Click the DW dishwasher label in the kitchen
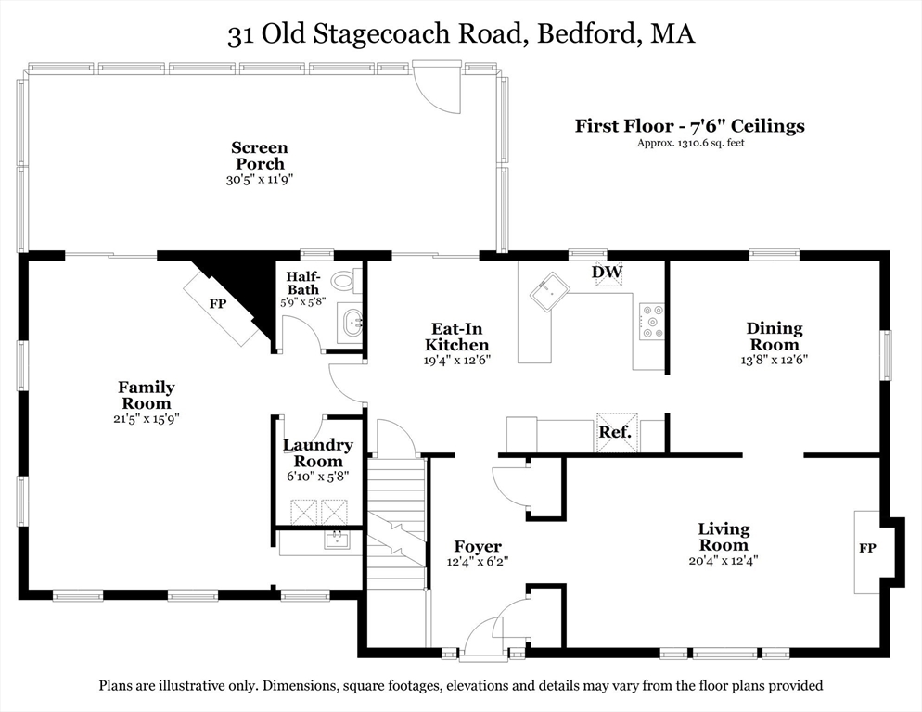click(608, 272)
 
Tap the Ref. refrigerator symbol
click(615, 432)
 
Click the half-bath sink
click(353, 324)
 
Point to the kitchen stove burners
click(650, 321)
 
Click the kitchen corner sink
click(550, 292)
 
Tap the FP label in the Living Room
click(868, 548)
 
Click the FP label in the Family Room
click(218, 303)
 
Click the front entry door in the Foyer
click(483, 640)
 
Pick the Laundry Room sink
click(337, 540)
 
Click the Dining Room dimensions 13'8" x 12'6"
click(775, 360)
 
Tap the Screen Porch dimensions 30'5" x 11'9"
click(260, 180)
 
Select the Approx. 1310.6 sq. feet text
click(690, 143)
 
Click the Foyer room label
click(478, 547)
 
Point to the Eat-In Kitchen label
click(456, 337)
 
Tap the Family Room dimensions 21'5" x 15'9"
click(146, 418)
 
